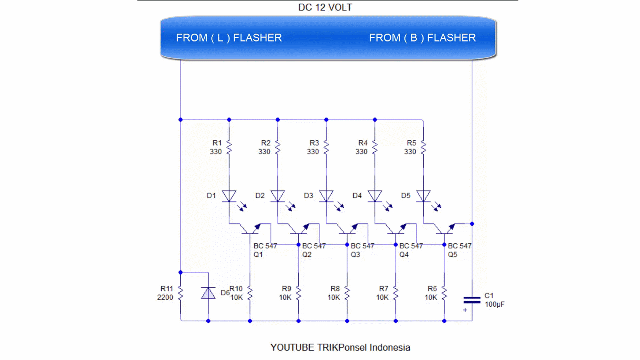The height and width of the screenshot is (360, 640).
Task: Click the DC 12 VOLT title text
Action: click(325, 8)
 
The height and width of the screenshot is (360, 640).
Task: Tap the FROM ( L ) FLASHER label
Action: click(229, 38)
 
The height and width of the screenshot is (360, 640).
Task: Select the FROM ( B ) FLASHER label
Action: click(422, 38)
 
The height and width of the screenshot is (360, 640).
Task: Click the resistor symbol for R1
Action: click(229, 147)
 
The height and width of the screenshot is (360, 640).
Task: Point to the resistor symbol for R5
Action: click(424, 147)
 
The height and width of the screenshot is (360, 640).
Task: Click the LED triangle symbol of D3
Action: click(326, 196)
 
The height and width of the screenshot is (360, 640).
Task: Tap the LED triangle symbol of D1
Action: click(229, 196)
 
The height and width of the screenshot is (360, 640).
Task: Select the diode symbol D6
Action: click(208, 293)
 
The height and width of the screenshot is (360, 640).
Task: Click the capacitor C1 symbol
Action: click(472, 300)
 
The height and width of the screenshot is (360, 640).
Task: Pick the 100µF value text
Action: click(494, 304)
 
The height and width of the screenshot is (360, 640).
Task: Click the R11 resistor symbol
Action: click(180, 293)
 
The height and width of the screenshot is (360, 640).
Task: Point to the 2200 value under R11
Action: click(165, 298)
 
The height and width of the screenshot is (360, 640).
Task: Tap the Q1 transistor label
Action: click(258, 255)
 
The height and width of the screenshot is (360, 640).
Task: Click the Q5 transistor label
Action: click(452, 255)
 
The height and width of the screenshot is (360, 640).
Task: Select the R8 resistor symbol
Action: click(347, 293)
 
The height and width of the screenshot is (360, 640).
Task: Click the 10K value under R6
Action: click(431, 298)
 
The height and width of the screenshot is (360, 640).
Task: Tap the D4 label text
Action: click(357, 196)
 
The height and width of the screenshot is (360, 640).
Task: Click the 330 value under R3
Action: click(313, 152)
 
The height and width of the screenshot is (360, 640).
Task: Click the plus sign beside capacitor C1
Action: click(465, 310)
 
